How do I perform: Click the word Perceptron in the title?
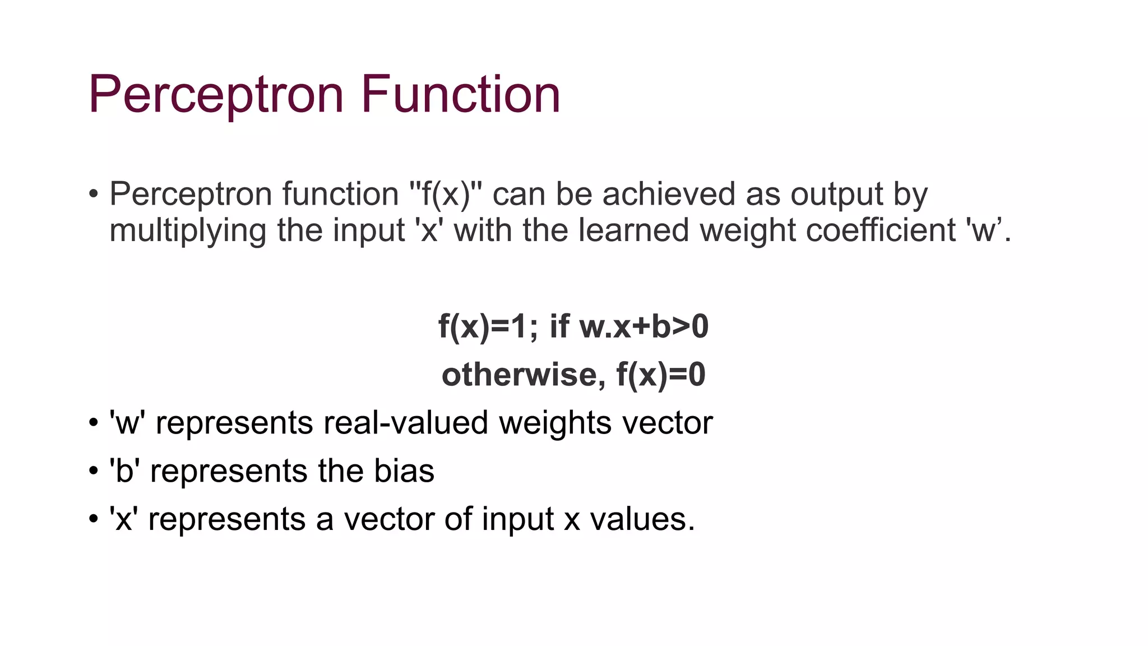pyautogui.click(x=216, y=95)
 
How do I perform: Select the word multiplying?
pyautogui.click(x=187, y=231)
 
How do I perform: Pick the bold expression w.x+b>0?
pyautogui.click(x=644, y=326)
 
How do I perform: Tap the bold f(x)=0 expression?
pyautogui.click(x=661, y=375)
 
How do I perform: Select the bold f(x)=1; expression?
pyautogui.click(x=488, y=326)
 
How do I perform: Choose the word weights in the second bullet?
pyautogui.click(x=556, y=423)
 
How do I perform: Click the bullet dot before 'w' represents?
pyautogui.click(x=94, y=423)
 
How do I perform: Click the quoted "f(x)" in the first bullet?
pyautogui.click(x=446, y=194)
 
